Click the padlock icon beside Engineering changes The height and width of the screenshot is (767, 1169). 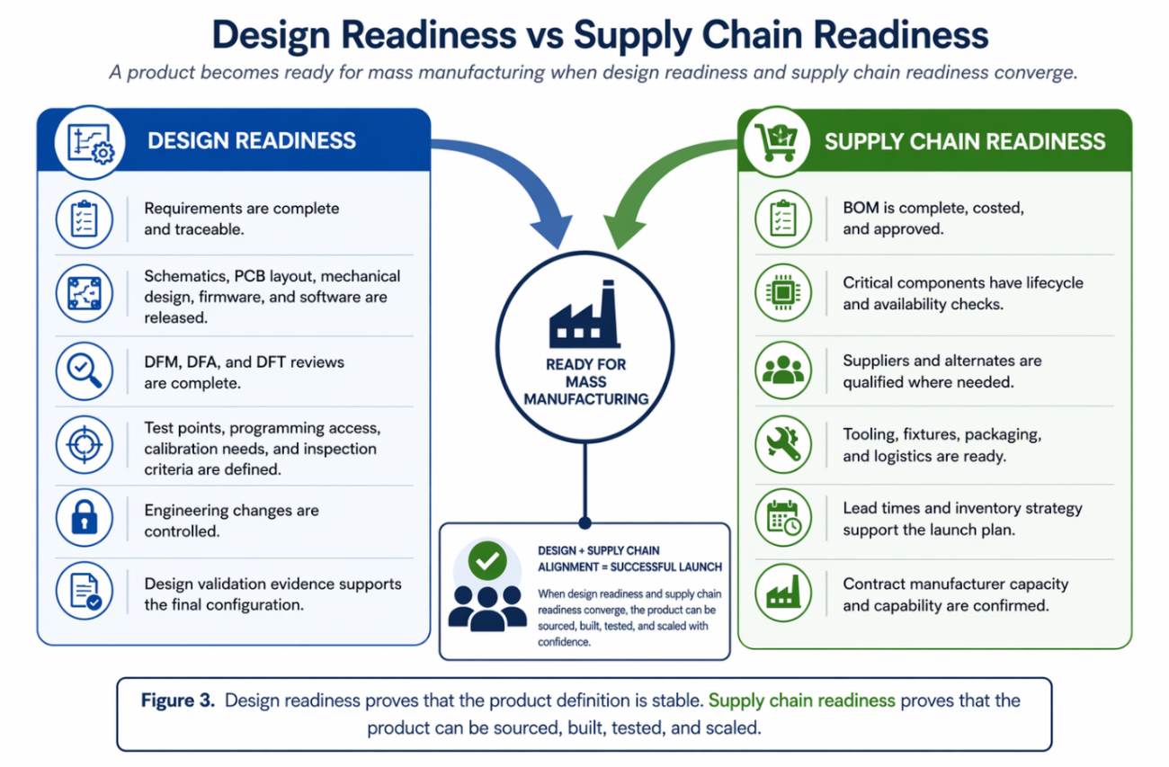pyautogui.click(x=85, y=517)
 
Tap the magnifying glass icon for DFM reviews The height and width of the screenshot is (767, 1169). pyautogui.click(x=85, y=371)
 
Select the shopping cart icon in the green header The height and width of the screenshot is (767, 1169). pyautogui.click(x=777, y=141)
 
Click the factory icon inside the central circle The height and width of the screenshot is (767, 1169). pyautogui.click(x=584, y=314)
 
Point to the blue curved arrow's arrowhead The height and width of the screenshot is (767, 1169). pyautogui.click(x=553, y=229)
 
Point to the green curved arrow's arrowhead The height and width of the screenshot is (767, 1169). pyautogui.click(x=624, y=230)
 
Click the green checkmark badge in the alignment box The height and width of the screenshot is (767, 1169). pyautogui.click(x=487, y=561)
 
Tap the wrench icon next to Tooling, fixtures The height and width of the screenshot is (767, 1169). pyautogui.click(x=783, y=444)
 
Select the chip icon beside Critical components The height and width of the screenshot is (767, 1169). pyautogui.click(x=783, y=293)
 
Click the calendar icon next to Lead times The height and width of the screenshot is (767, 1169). pyautogui.click(x=783, y=518)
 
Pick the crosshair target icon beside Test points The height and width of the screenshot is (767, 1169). pyautogui.click(x=85, y=444)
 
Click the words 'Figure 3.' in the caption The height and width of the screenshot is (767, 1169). pyautogui.click(x=178, y=700)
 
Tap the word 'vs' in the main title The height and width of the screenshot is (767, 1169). pyautogui.click(x=545, y=35)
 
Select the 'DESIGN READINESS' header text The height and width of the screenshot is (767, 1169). pyautogui.click(x=252, y=141)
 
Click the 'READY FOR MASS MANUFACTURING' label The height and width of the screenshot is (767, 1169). pyautogui.click(x=585, y=381)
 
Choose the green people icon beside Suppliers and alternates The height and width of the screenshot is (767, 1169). pyautogui.click(x=783, y=370)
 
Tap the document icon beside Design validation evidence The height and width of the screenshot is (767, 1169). pyautogui.click(x=85, y=591)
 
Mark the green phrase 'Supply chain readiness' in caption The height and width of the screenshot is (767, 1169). pyautogui.click(x=801, y=700)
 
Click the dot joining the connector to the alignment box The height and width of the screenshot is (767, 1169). pyautogui.click(x=585, y=522)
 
